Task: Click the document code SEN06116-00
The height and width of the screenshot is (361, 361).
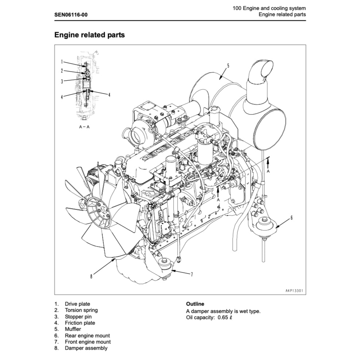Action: [x=71, y=15]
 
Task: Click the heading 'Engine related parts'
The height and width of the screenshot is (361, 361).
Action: [x=89, y=35]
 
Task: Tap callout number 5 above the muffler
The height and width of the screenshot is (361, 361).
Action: [x=228, y=66]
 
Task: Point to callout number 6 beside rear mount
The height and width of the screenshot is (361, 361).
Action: [x=291, y=218]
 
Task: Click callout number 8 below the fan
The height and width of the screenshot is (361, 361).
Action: [x=91, y=276]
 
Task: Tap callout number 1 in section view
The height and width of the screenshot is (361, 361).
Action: [x=62, y=62]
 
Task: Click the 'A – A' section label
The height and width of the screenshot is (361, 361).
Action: [x=84, y=128]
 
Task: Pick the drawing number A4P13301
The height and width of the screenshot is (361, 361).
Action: [x=294, y=291]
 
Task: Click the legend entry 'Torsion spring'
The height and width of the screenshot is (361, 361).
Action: [x=81, y=310]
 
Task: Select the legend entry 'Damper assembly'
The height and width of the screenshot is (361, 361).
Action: [x=86, y=348]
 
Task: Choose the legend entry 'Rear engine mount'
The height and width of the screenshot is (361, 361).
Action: [x=87, y=335]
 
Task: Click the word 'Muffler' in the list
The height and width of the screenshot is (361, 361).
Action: [x=73, y=329]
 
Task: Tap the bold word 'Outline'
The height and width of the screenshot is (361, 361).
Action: [x=195, y=304]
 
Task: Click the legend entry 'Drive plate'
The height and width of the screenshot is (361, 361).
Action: [x=77, y=304]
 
